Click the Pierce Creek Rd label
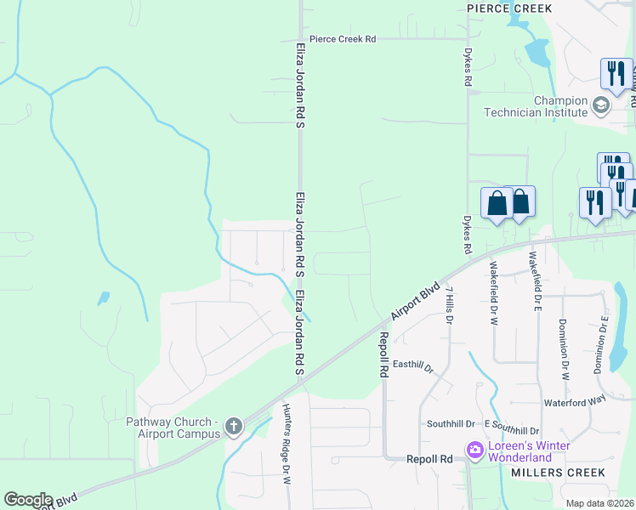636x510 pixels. (343, 39)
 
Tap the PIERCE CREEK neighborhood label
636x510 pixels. (509, 8)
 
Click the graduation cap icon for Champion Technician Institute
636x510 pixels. (601, 105)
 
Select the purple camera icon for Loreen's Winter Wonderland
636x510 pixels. (474, 449)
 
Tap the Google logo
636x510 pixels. (28, 499)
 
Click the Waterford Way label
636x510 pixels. (575, 403)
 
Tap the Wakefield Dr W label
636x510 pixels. (492, 290)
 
